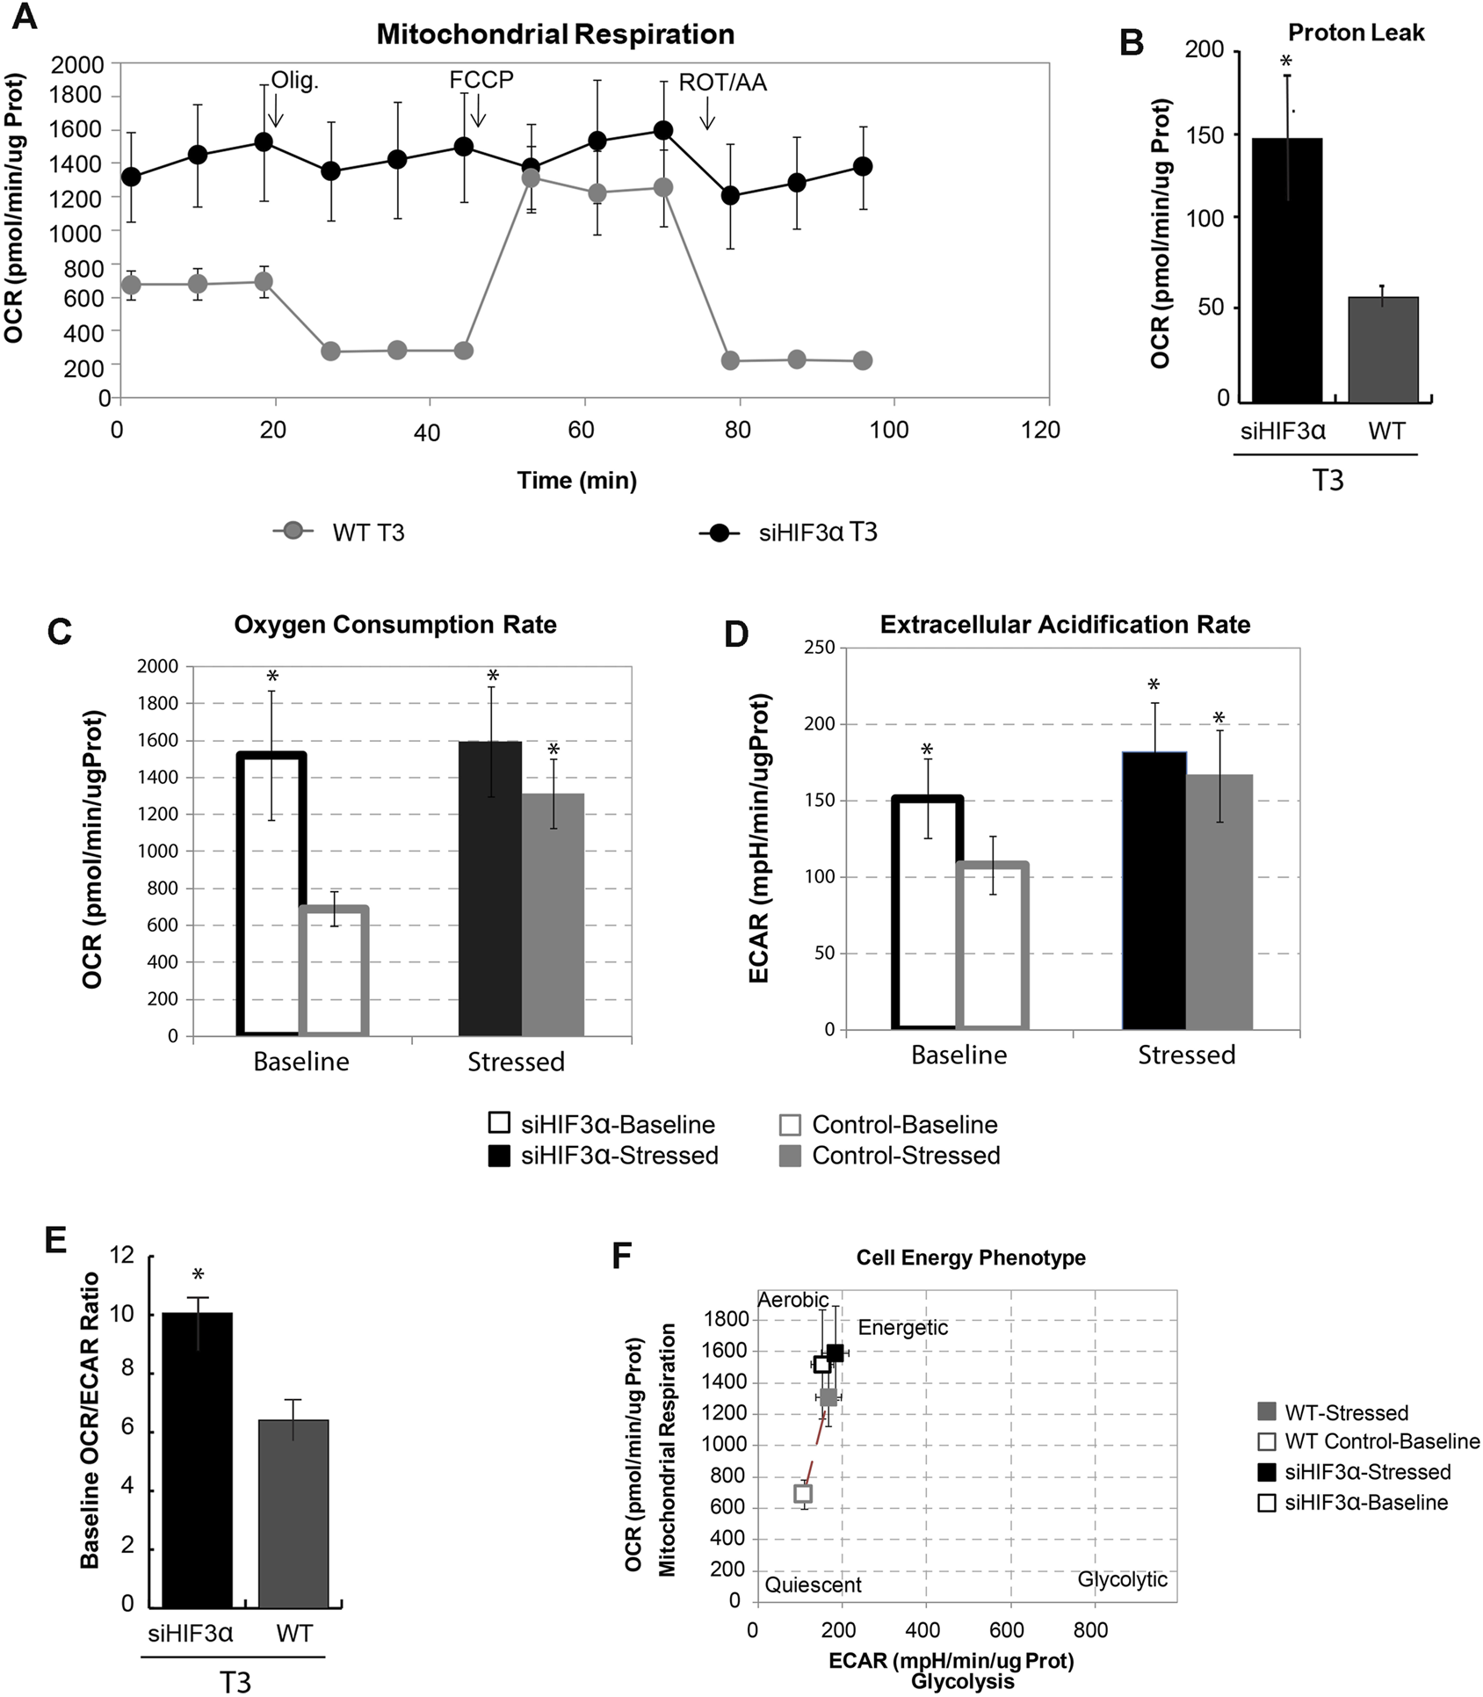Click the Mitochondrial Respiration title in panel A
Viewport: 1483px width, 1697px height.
(555, 34)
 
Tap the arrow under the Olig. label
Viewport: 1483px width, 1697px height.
(275, 112)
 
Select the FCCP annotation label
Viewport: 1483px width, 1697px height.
(481, 80)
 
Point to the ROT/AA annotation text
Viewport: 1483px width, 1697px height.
(722, 83)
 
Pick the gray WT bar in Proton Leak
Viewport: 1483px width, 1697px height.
(1383, 349)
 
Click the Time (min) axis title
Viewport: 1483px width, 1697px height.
(576, 481)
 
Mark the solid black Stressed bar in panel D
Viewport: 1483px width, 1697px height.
(1154, 890)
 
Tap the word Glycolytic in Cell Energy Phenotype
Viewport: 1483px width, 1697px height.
(1122, 1579)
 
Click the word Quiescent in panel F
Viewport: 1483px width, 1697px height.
(813, 1585)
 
